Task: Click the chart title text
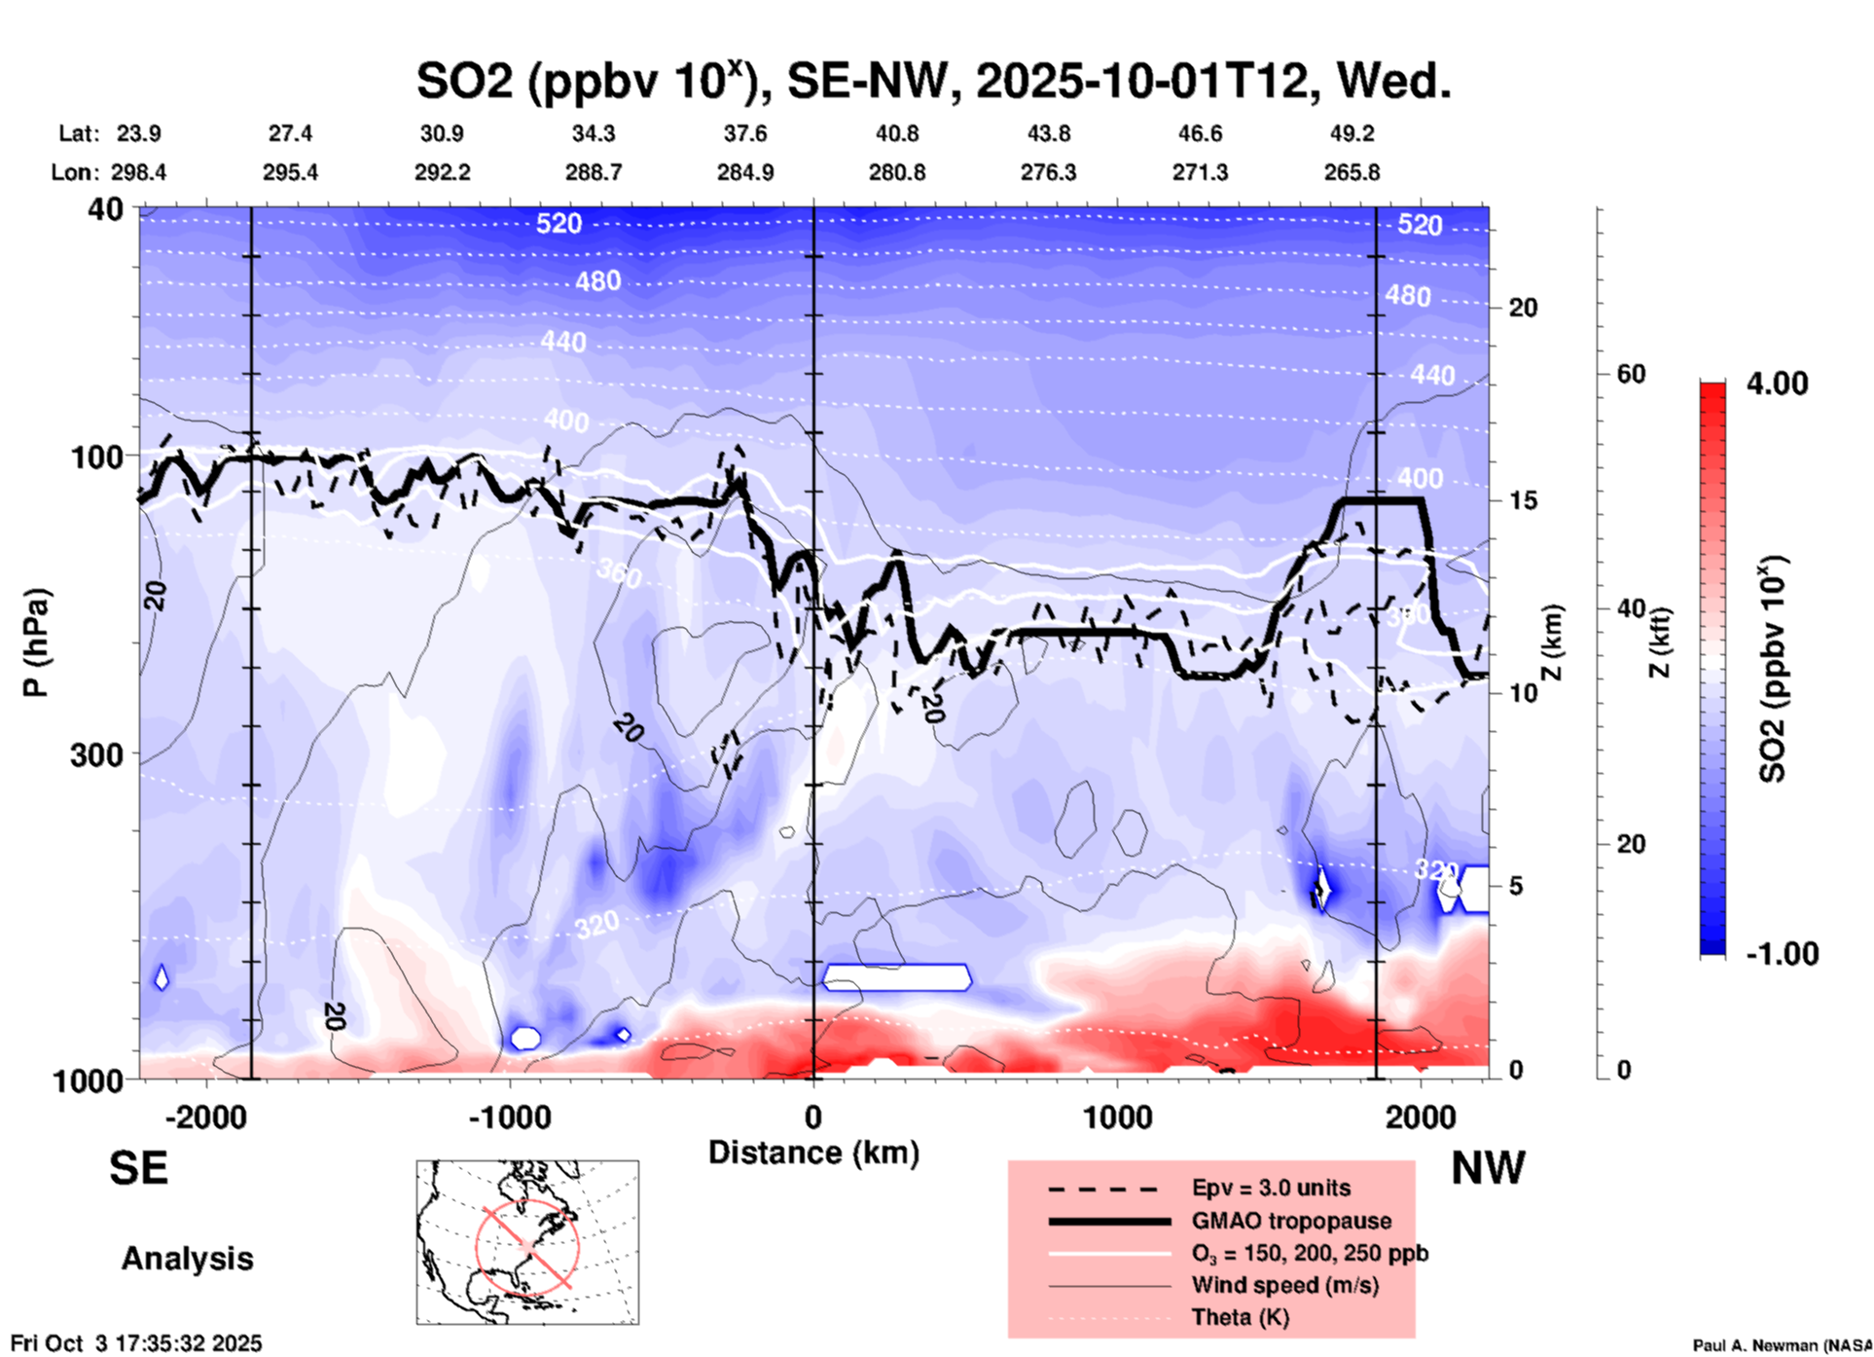933,81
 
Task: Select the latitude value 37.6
744,133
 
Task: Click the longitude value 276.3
1048,172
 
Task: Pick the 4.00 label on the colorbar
1777,383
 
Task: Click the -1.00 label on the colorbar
1782,953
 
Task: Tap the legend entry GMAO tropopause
1291,1221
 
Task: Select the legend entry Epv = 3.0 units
1271,1188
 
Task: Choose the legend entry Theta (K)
1240,1317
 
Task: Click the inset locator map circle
527,1245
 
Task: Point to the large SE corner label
138,1167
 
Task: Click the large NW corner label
1488,1168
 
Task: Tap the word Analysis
187,1259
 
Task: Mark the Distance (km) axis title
813,1153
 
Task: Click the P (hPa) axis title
36,642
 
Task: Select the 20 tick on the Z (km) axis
1523,308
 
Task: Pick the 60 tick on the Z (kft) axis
1631,374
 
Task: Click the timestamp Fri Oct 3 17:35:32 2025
136,1343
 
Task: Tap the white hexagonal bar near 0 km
896,976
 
